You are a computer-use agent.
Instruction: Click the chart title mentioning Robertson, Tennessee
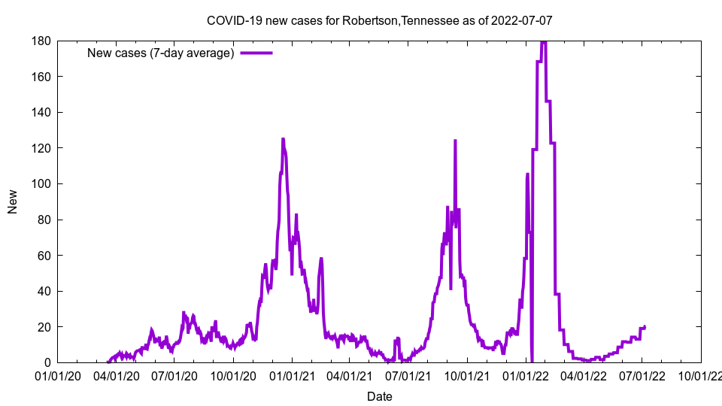[379, 20]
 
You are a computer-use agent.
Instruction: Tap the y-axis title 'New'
[13, 201]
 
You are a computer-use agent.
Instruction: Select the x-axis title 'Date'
[379, 396]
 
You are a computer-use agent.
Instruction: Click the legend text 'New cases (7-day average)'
[161, 53]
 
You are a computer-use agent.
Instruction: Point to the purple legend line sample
[256, 53]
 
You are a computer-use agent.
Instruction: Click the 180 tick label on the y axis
[41, 41]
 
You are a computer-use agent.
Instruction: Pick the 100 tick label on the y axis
[41, 184]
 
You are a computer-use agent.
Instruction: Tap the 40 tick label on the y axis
[44, 292]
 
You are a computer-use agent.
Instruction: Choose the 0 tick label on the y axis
[47, 363]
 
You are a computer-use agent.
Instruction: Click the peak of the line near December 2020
[283, 139]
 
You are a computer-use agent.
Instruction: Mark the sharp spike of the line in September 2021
[455, 141]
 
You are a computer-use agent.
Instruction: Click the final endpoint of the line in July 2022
[645, 326]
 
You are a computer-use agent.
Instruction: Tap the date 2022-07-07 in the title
[521, 20]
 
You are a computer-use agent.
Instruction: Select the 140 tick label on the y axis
[41, 113]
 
